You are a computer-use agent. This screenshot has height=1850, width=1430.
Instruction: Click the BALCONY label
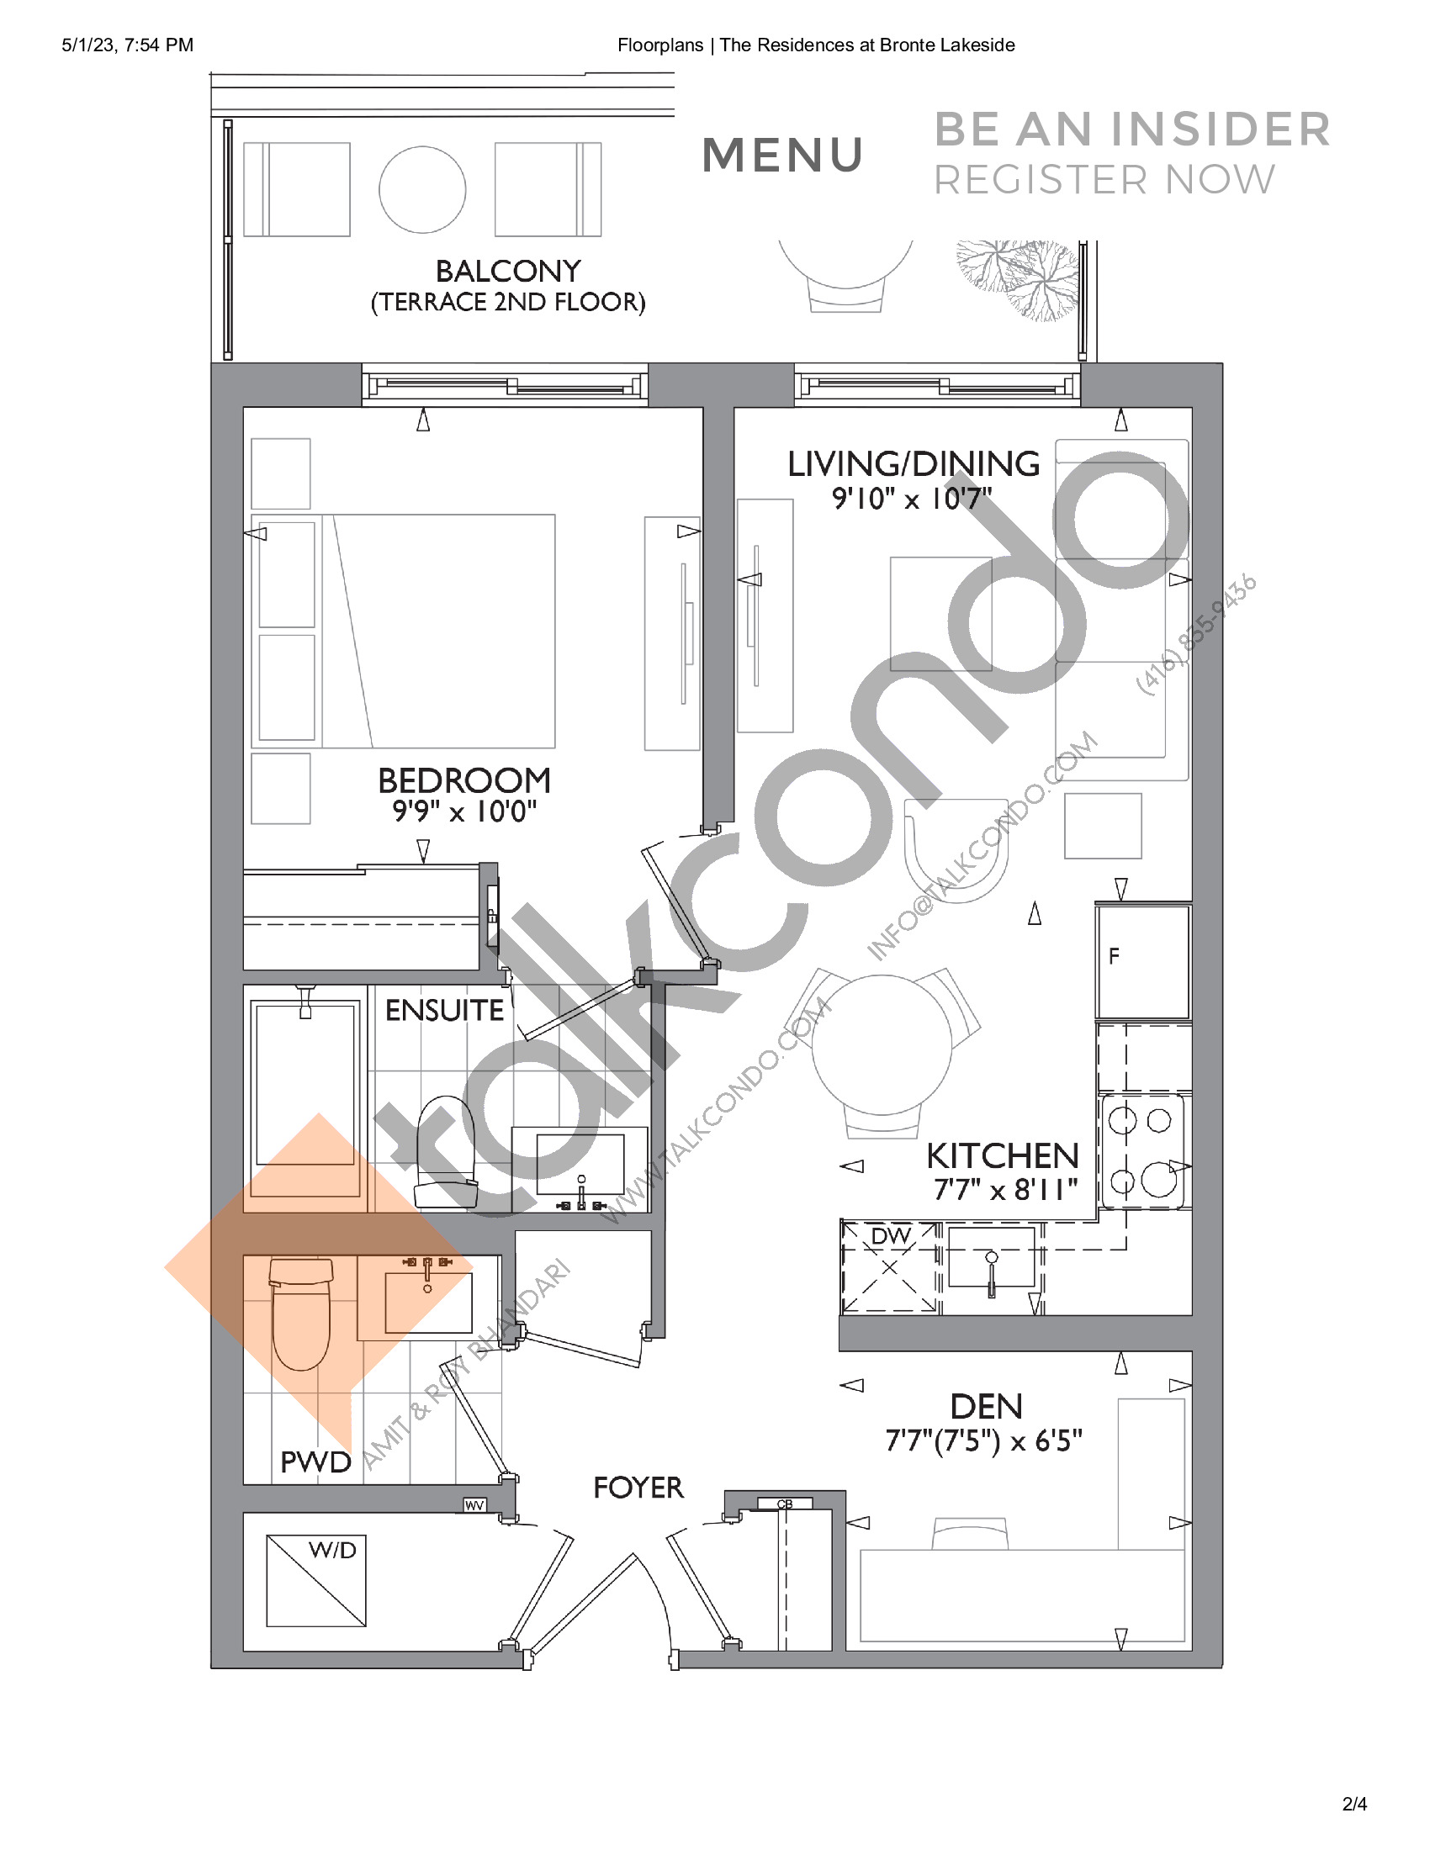coord(507,271)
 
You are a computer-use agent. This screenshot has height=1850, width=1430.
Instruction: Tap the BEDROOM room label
coord(463,780)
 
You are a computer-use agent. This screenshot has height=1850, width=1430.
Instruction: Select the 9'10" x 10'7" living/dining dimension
coord(912,499)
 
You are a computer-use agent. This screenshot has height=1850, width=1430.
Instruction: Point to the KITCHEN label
coord(1002,1156)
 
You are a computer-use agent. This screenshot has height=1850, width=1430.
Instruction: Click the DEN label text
coord(986,1407)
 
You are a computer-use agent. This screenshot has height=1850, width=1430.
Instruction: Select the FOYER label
coord(638,1488)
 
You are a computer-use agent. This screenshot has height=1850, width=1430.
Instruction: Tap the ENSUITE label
coord(444,1011)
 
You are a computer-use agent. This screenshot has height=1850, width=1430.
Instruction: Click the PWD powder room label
coord(315,1462)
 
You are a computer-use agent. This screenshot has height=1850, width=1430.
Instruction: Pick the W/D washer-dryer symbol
coord(316,1581)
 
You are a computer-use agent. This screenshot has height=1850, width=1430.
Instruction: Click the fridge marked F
coord(1143,961)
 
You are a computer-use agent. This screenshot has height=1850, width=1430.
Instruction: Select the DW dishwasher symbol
coord(889,1267)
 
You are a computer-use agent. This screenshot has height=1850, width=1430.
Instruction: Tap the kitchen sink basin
coord(991,1256)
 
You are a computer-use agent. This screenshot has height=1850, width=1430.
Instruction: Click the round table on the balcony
coord(422,190)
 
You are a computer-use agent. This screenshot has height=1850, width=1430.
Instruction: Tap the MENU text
coord(783,156)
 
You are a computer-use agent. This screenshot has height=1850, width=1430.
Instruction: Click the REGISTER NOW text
coord(1104,181)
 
